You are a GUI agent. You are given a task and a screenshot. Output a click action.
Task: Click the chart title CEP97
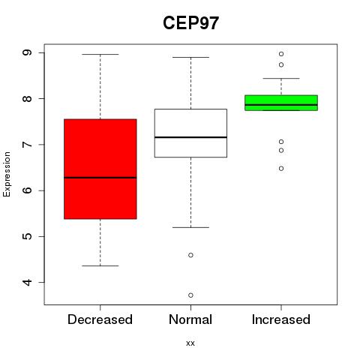tap(190, 23)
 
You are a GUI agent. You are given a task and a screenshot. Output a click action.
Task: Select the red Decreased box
tap(100, 169)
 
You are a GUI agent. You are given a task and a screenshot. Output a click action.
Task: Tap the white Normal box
tap(190, 133)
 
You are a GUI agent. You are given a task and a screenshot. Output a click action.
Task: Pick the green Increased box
tap(281, 103)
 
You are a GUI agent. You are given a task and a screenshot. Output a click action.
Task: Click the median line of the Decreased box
tap(100, 178)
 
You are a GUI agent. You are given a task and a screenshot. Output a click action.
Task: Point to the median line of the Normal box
tap(190, 137)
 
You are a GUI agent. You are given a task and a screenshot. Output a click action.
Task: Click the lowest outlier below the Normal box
tap(190, 295)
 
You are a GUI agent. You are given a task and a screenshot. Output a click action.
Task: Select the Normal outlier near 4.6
tap(190, 255)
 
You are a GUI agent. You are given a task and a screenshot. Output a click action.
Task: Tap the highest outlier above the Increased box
tap(281, 54)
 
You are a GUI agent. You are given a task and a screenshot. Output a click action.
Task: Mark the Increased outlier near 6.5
tap(281, 169)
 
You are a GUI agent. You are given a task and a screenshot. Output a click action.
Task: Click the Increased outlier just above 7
tap(281, 142)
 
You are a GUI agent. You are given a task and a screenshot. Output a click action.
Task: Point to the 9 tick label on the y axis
tap(27, 52)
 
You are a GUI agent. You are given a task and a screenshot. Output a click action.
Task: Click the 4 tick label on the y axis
tap(27, 282)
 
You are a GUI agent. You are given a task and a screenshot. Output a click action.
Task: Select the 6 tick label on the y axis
tap(27, 190)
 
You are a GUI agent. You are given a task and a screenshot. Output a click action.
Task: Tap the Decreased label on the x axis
tap(100, 319)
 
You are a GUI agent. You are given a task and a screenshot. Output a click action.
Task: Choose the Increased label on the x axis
tap(281, 319)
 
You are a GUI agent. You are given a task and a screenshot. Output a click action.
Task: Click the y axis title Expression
tap(7, 174)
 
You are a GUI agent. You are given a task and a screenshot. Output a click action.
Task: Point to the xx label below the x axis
tap(190, 343)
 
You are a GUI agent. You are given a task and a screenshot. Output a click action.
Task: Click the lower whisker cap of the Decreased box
tap(100, 265)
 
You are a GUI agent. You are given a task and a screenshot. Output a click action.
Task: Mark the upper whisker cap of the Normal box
tap(190, 57)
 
